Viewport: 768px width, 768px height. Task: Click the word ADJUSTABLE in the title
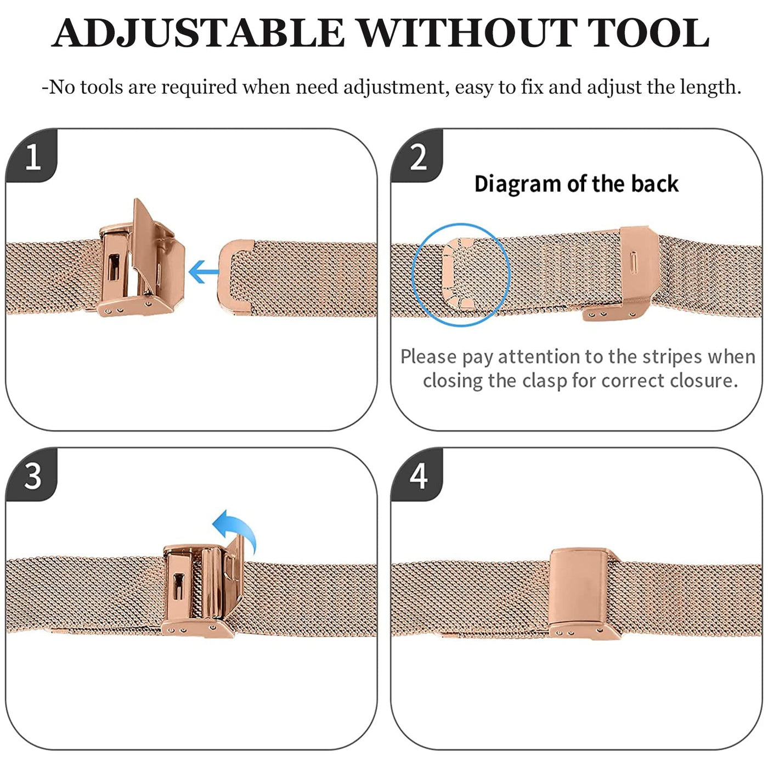pyautogui.click(x=198, y=33)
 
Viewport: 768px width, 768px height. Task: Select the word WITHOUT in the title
pyautogui.click(x=466, y=33)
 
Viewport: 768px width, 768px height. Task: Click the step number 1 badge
pyautogui.click(x=32, y=157)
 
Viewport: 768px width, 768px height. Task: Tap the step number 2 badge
pyautogui.click(x=417, y=157)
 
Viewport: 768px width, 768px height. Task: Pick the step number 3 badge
pyautogui.click(x=32, y=476)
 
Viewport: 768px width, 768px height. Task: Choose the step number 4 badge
pyautogui.click(x=417, y=476)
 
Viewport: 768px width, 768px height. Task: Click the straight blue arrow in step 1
pyautogui.click(x=204, y=272)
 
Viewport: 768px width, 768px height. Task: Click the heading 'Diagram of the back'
pyautogui.click(x=577, y=184)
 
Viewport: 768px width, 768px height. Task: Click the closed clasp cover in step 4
pyautogui.click(x=580, y=589)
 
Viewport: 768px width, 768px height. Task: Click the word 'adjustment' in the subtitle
pyautogui.click(x=393, y=87)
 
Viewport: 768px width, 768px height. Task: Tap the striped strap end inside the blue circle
pyautogui.click(x=458, y=275)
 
